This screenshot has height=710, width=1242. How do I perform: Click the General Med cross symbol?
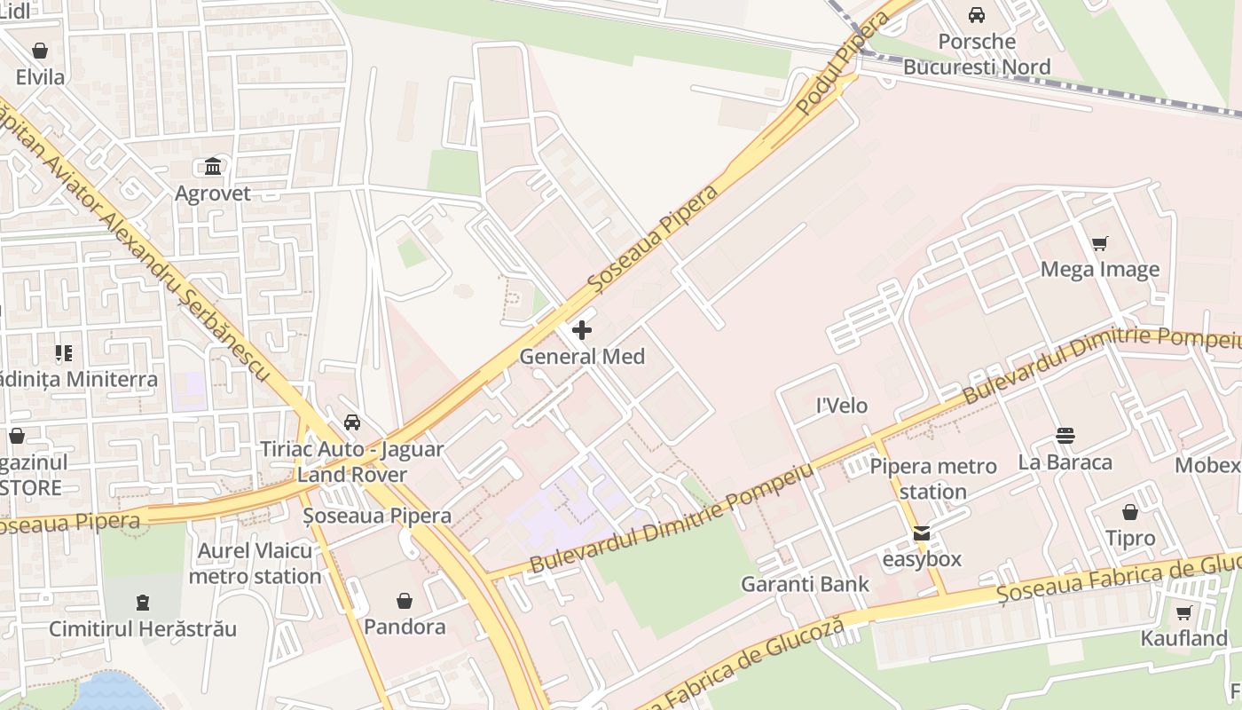(x=582, y=331)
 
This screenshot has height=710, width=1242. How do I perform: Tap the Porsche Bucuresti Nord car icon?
(x=977, y=15)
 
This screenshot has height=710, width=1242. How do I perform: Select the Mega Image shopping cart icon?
(x=1100, y=244)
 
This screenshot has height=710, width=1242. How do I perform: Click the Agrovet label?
(x=213, y=193)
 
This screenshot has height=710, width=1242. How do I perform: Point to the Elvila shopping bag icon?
(x=40, y=51)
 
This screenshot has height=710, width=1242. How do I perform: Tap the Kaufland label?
(x=1184, y=638)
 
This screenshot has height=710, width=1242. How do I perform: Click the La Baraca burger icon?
(x=1065, y=436)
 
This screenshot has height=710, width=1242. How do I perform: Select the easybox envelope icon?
(x=923, y=533)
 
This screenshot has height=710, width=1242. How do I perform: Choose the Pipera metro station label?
(x=932, y=478)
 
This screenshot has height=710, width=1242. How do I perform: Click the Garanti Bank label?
(x=806, y=584)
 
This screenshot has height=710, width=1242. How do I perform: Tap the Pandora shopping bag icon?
(x=405, y=601)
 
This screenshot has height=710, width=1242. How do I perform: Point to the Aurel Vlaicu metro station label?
(x=255, y=564)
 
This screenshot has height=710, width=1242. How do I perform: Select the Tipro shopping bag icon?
(x=1130, y=512)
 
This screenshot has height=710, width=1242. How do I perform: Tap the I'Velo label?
(x=842, y=406)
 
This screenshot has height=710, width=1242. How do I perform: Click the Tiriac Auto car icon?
(x=352, y=422)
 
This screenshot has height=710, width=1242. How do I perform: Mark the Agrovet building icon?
(x=213, y=167)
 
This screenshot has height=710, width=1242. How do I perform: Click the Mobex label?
(x=1207, y=465)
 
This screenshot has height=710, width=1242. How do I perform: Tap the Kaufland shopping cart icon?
(x=1184, y=612)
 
